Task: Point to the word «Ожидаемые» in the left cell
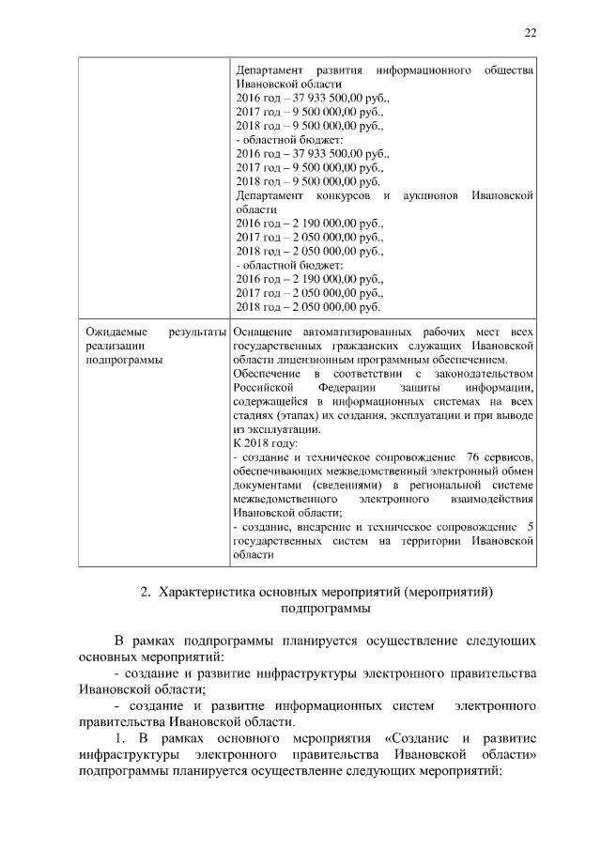point(113,332)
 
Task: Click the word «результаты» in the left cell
point(197,332)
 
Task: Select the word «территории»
point(433,540)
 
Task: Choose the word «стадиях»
point(254,415)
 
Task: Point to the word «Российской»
point(260,388)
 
